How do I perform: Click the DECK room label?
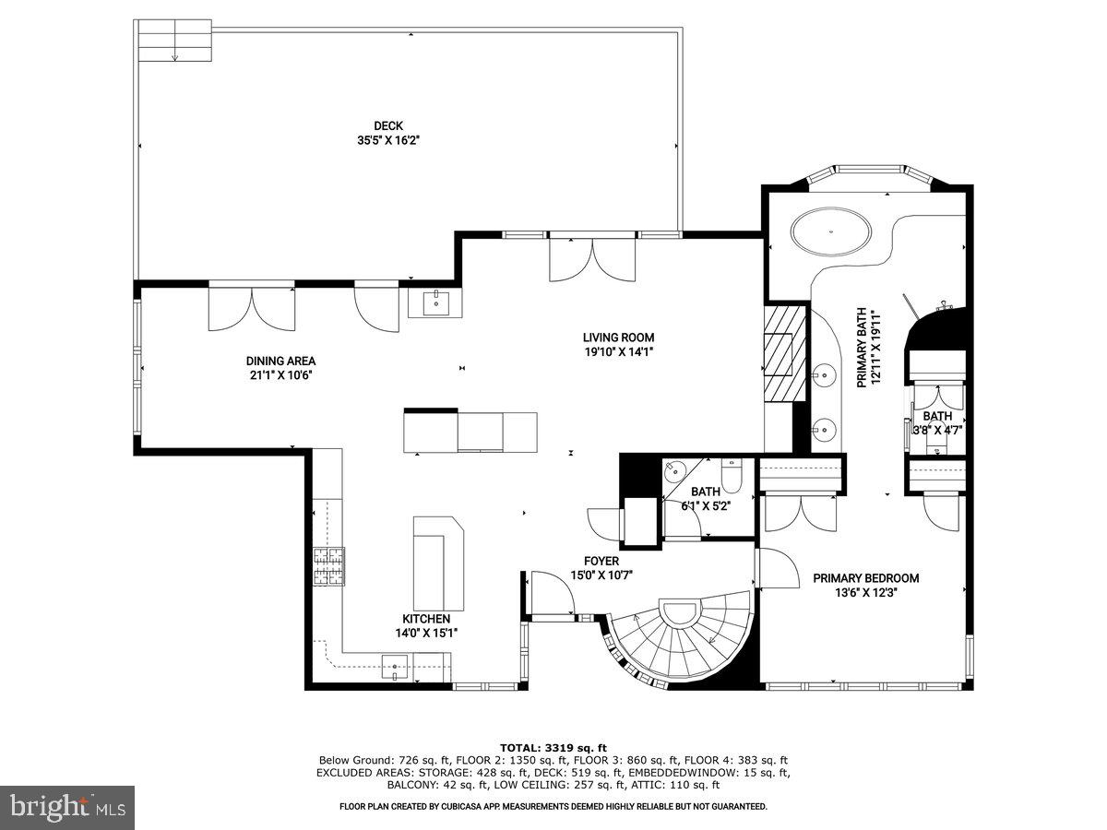click(388, 126)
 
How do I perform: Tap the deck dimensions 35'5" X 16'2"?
click(388, 141)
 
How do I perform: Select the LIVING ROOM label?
click(618, 338)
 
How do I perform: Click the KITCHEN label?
click(426, 619)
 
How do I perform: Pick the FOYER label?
click(601, 561)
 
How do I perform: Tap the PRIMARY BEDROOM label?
click(865, 578)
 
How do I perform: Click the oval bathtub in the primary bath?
click(832, 231)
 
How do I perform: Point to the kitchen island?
click(437, 563)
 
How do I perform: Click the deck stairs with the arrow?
click(173, 41)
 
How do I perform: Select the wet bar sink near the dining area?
click(434, 302)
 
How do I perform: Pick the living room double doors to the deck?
click(593, 258)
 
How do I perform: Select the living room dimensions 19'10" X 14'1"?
click(618, 351)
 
